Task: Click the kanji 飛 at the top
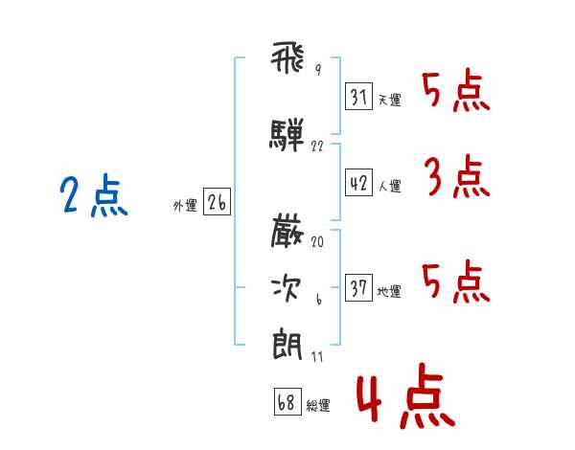point(287,60)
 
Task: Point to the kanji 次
point(287,285)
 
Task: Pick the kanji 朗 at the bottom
point(287,343)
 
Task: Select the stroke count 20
point(317,242)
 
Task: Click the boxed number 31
point(359,96)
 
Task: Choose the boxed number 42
point(359,184)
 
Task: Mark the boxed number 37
point(359,288)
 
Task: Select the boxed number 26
point(217,202)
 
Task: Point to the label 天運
point(389,100)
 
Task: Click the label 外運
point(184,205)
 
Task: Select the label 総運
point(318,405)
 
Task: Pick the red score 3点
point(456,178)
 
